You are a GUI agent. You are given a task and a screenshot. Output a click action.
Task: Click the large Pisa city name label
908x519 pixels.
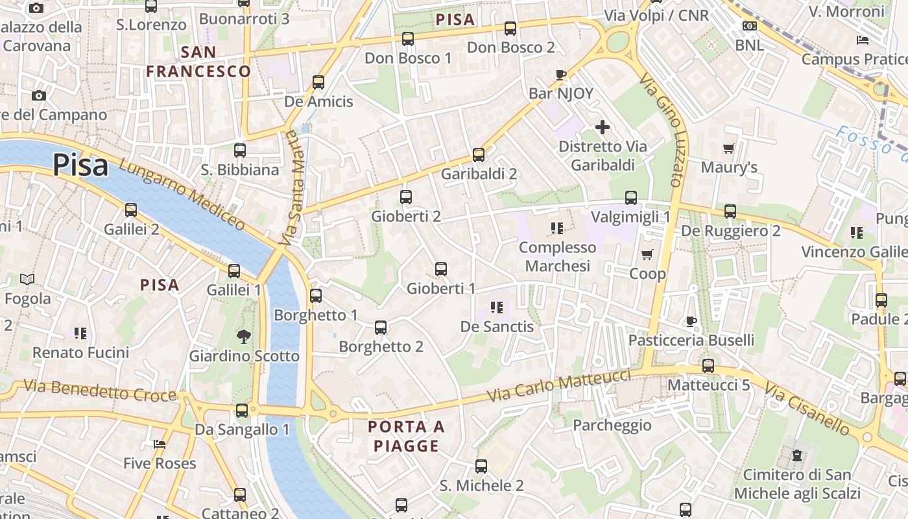[x=80, y=165]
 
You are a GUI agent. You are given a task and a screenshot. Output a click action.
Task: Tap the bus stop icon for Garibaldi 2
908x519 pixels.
[x=479, y=155]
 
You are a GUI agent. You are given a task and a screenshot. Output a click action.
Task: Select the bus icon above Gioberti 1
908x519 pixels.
[x=441, y=269]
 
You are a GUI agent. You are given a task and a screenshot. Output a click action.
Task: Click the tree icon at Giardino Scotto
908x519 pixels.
[x=244, y=336]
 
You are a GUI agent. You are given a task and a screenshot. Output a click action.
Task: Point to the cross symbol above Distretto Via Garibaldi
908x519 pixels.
[x=603, y=127]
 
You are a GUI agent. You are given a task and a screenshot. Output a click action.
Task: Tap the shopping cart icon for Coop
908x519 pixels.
[x=647, y=254]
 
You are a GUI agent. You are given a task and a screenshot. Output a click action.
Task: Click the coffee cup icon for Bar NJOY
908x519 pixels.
[x=561, y=75]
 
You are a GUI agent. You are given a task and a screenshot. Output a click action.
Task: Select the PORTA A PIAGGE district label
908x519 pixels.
[x=406, y=436]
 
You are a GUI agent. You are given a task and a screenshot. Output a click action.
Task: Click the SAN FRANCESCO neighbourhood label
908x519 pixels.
[x=198, y=62]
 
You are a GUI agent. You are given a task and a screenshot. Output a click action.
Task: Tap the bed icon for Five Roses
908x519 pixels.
[x=160, y=444]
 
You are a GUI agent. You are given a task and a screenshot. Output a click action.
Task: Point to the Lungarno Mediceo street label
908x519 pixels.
[x=182, y=195]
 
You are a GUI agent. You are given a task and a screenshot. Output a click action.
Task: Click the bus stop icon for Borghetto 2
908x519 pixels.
[x=381, y=328]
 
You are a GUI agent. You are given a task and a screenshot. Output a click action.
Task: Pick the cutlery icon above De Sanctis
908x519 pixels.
[x=497, y=307]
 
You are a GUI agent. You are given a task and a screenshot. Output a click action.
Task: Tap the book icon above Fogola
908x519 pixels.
[x=27, y=279]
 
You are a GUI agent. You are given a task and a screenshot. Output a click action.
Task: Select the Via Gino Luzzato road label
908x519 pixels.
[x=662, y=130]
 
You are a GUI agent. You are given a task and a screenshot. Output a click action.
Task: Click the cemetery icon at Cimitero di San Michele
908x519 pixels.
[x=797, y=455]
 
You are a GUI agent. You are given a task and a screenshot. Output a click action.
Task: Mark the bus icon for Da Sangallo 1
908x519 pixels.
[x=242, y=410]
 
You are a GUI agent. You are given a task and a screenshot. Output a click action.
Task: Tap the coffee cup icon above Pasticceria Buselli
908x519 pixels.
[x=691, y=321]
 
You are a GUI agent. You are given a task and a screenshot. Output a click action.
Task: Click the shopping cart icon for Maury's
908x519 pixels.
[x=728, y=149]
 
